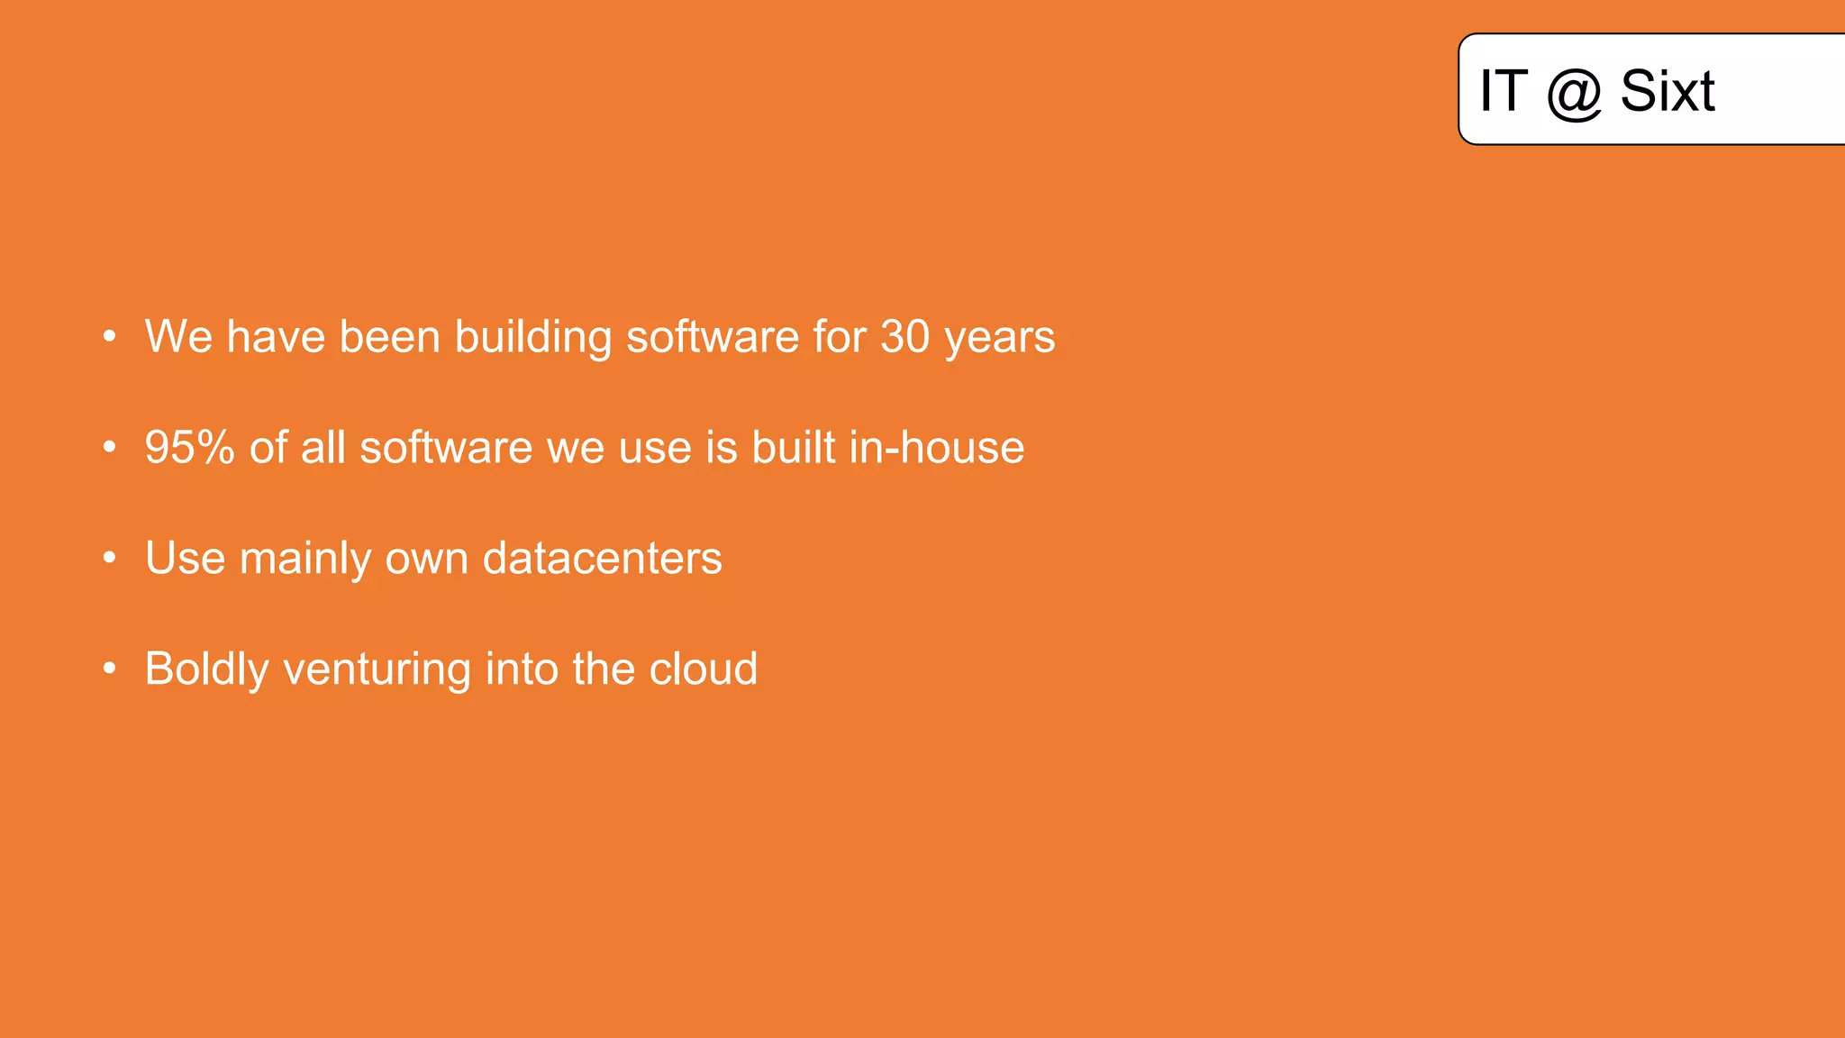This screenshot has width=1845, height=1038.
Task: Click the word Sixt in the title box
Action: [x=1667, y=91]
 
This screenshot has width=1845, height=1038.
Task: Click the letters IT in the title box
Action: [x=1504, y=91]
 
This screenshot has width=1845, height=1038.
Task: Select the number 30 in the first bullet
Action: [x=904, y=337]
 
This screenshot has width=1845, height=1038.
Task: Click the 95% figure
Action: [x=189, y=448]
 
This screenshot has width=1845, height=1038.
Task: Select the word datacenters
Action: [x=602, y=558]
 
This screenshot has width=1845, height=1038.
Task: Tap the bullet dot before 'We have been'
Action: [x=109, y=337]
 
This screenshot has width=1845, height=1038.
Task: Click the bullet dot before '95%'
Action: [x=109, y=448]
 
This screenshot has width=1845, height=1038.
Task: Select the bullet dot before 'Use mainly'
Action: [x=109, y=559]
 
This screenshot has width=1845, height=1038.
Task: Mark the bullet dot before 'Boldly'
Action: [x=109, y=669]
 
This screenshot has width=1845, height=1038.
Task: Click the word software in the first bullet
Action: [x=712, y=337]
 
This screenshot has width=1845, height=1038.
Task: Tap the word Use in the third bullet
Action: [x=185, y=558]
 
